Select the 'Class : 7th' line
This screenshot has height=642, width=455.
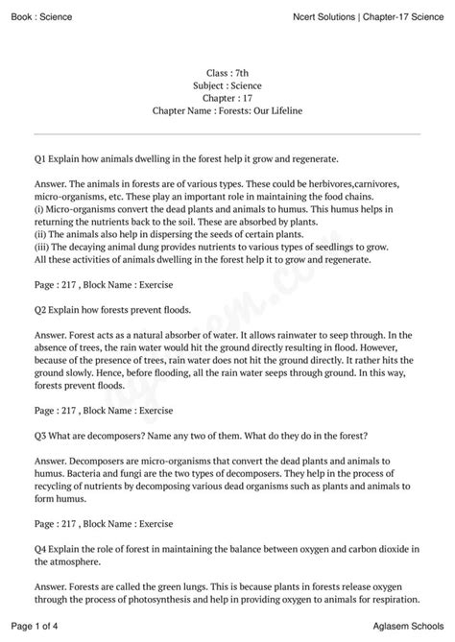tap(227, 73)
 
